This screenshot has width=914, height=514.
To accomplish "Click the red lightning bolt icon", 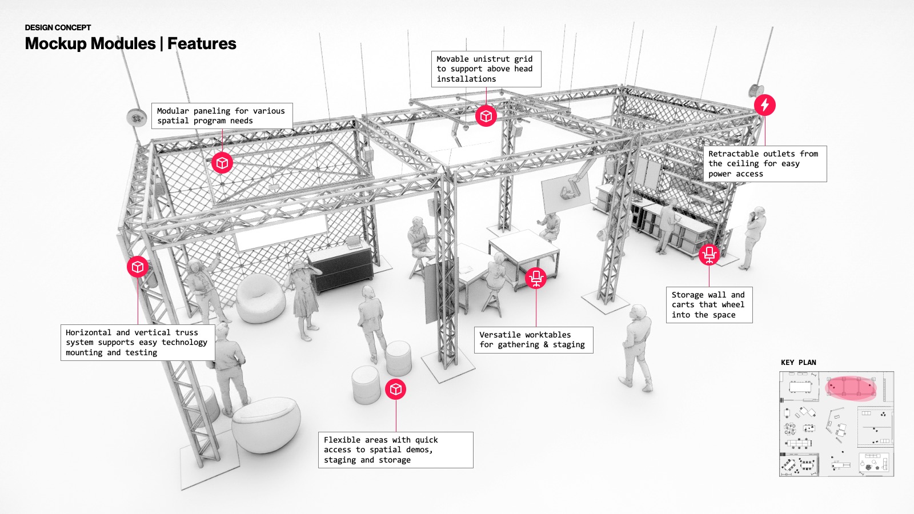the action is [765, 105].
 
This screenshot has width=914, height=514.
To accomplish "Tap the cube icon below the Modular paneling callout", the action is [222, 163].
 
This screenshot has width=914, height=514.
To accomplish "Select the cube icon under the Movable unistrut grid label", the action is [486, 116].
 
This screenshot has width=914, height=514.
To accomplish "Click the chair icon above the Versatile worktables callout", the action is [536, 278].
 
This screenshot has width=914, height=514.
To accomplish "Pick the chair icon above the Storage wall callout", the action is [709, 254].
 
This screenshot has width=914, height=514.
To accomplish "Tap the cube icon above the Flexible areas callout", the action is [396, 389].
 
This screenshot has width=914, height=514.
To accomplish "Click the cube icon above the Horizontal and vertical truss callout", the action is [138, 267].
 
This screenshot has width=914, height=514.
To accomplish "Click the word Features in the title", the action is [202, 43].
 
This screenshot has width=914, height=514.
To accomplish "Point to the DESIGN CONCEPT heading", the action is [58, 27].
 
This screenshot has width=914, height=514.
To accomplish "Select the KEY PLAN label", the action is [799, 362].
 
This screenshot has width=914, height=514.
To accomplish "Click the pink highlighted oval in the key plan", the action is [851, 388].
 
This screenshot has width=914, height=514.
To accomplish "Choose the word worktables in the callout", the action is [548, 335].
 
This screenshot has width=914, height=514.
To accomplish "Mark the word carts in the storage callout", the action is [683, 305].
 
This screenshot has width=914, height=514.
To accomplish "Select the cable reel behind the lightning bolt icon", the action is [755, 91].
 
